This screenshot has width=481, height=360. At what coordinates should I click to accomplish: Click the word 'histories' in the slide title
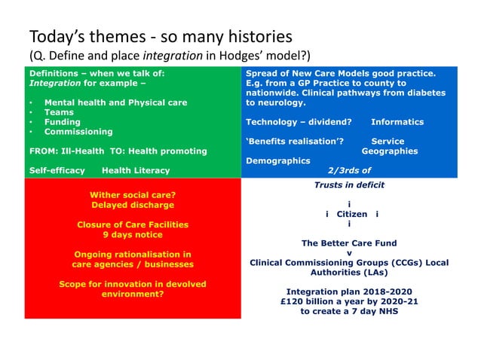click(253, 37)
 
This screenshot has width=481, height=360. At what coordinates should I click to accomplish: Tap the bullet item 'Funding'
click(63, 122)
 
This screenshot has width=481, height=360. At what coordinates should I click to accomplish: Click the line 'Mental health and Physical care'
click(116, 102)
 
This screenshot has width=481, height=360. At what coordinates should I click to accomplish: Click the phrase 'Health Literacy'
click(136, 171)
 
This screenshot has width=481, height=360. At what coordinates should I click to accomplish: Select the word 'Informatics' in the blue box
click(397, 122)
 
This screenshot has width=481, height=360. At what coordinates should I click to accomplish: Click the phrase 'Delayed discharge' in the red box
click(132, 205)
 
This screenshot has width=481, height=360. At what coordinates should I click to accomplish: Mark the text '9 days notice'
click(132, 234)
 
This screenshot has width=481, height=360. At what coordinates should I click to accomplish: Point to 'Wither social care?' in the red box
click(132, 195)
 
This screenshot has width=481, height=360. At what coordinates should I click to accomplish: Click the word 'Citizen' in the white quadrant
click(351, 214)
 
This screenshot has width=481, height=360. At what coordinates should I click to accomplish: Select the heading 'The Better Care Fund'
click(349, 243)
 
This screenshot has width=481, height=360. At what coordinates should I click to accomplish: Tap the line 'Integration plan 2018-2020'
click(349, 291)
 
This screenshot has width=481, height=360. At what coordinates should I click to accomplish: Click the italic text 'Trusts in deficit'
click(349, 185)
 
